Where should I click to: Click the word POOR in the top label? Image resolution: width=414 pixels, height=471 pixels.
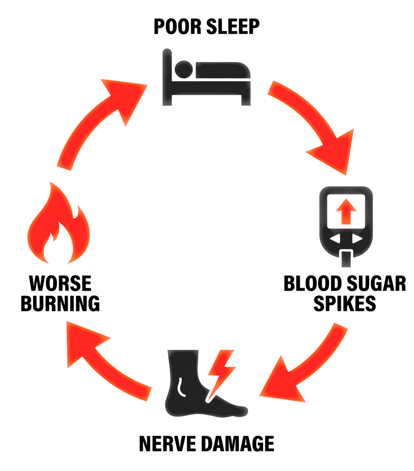coord(177,27)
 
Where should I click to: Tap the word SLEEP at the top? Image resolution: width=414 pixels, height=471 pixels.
coord(233,27)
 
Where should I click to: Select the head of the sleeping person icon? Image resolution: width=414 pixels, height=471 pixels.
coord(184,69)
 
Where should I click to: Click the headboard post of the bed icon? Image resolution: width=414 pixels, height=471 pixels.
coord(167,77)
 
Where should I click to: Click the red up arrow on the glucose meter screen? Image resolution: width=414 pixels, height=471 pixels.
coord(346,211)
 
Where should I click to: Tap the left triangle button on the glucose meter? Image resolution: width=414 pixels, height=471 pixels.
coord(335,239)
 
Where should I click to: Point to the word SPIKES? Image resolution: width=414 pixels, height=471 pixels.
coord(345,304)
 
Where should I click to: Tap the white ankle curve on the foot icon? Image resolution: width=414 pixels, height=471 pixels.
coord(181,387)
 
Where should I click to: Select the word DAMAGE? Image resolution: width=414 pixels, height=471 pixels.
coord(238,444)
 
